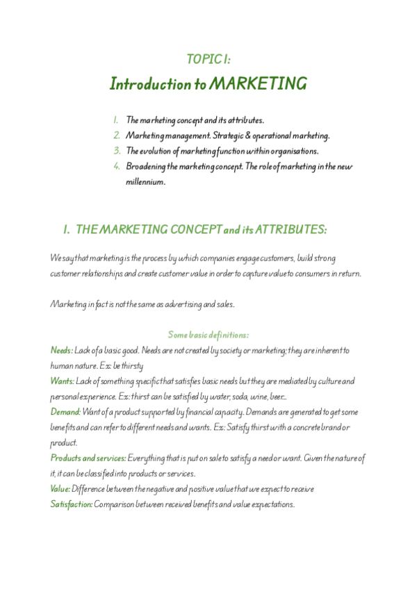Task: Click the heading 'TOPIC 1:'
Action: point(208,60)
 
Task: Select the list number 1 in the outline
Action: point(116,120)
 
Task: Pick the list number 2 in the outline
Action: point(117,135)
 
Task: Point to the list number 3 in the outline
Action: point(117,151)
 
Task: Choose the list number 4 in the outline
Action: point(117,166)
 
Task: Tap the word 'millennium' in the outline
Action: point(145,181)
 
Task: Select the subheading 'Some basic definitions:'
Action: point(208,335)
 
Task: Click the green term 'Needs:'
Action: point(62,350)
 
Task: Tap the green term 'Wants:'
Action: point(63,381)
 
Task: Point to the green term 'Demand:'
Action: point(65,412)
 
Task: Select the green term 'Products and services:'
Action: point(88,458)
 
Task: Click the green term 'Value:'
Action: point(60,489)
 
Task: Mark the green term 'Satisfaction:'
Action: point(72,504)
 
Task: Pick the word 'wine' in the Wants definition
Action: point(250,397)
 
